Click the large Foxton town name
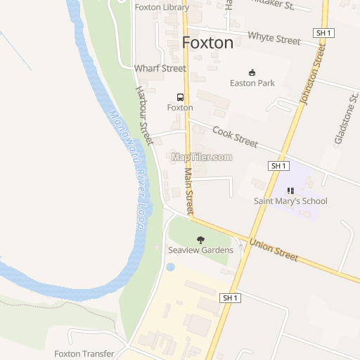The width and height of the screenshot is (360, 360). pyautogui.click(x=207, y=43)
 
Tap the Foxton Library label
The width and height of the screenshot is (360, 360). pyautogui.click(x=162, y=8)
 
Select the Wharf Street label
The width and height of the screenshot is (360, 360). pyautogui.click(x=160, y=69)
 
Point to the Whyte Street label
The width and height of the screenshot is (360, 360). pyautogui.click(x=274, y=38)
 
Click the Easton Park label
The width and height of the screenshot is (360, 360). pyautogui.click(x=252, y=83)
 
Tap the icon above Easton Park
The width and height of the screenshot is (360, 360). pyautogui.click(x=252, y=72)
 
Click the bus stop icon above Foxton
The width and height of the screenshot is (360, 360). pyautogui.click(x=180, y=97)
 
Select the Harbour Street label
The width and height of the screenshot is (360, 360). pyautogui.click(x=143, y=115)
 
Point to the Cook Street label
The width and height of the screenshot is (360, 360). pyautogui.click(x=235, y=136)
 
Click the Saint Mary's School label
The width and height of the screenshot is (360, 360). pyautogui.click(x=290, y=201)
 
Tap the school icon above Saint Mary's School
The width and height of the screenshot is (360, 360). pyautogui.click(x=290, y=190)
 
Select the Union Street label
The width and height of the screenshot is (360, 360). pyautogui.click(x=274, y=250)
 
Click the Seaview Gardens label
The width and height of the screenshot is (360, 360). pyautogui.click(x=200, y=250)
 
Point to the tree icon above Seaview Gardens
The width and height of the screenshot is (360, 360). pyautogui.click(x=200, y=240)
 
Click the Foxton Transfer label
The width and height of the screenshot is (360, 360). pyautogui.click(x=84, y=354)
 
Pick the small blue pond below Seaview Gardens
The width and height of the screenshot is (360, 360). pyautogui.click(x=170, y=267)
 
